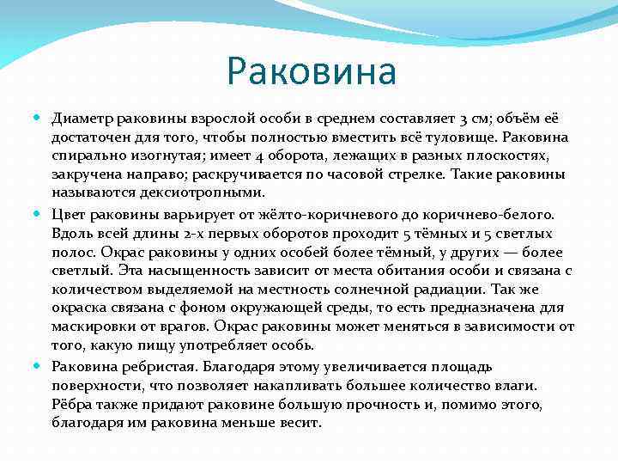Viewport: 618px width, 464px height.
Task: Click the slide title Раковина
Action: pyautogui.click(x=312, y=72)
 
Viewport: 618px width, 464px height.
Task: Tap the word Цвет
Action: pyautogui.click(x=68, y=212)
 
